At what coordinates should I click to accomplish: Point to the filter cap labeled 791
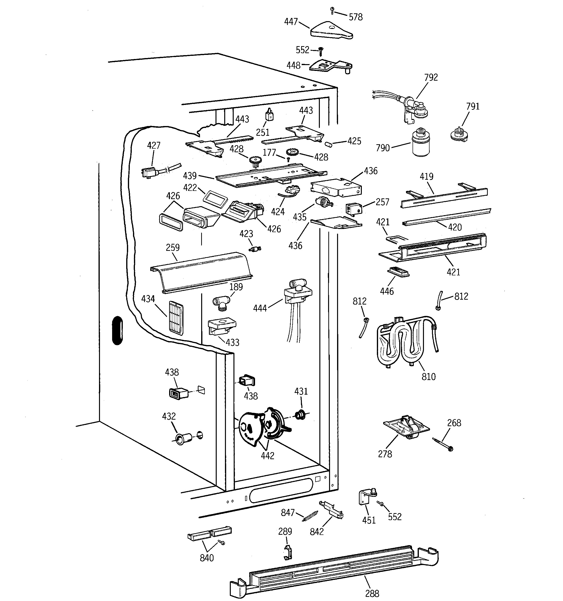[x=458, y=134]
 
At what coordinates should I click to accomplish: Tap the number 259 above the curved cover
[x=173, y=248]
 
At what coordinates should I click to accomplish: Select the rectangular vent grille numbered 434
[x=176, y=317]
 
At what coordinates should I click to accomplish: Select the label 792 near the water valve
[x=431, y=77]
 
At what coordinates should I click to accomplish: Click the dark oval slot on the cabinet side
[x=117, y=330]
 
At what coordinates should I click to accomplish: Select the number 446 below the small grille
[x=387, y=291]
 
